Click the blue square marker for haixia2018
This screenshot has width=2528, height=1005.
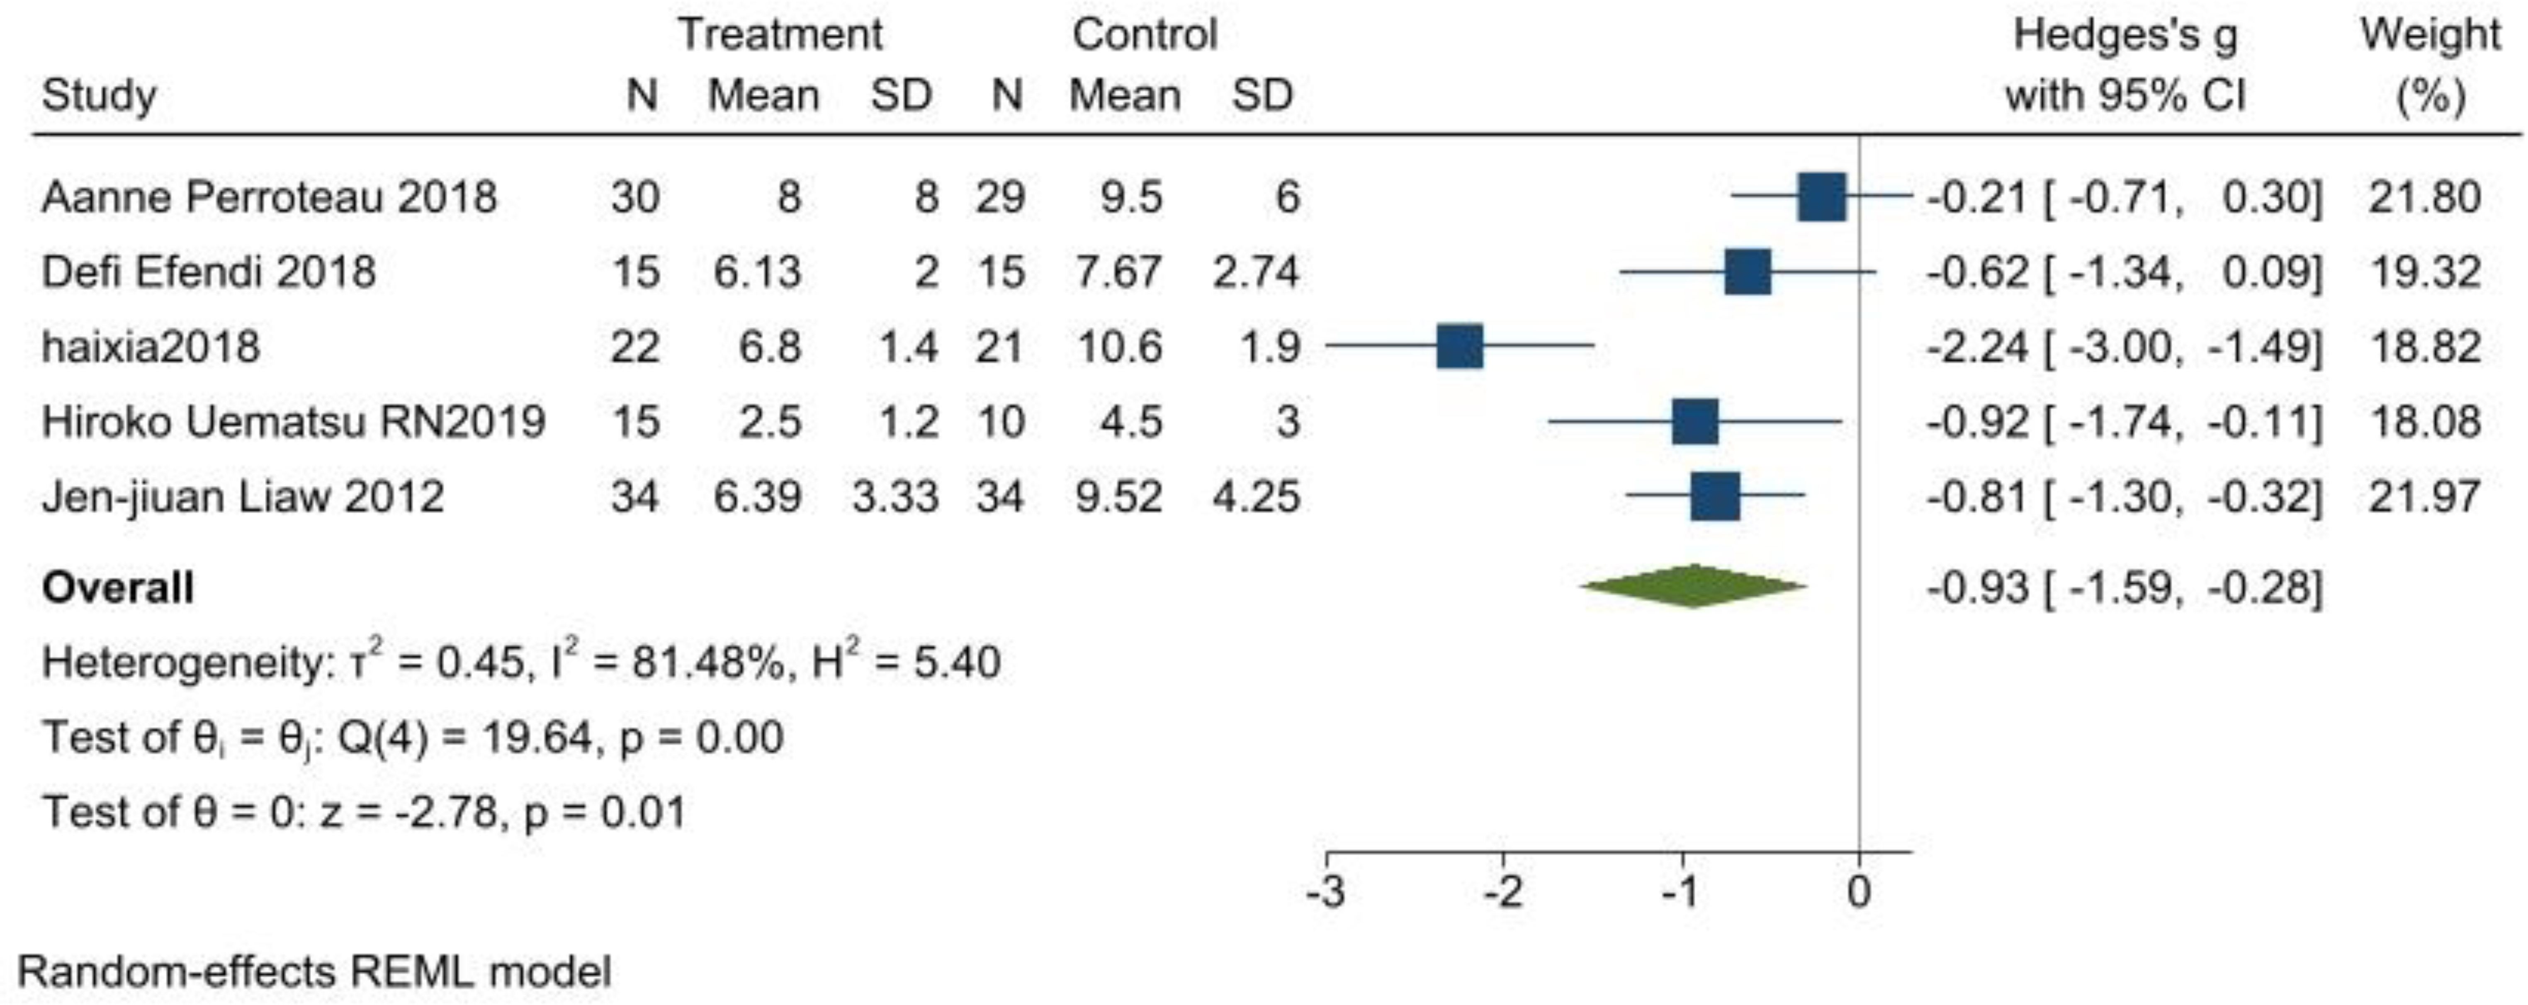point(1459,347)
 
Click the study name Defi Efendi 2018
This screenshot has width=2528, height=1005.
point(208,272)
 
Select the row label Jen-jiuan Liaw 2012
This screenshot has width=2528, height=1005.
point(243,497)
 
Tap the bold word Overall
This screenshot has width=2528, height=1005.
point(118,588)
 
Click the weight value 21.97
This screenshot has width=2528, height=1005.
point(2425,497)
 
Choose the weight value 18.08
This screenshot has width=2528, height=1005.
point(2425,422)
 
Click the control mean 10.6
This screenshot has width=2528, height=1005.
point(1120,347)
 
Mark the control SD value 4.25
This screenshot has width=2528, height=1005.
point(1256,497)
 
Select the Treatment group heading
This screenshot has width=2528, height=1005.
point(780,35)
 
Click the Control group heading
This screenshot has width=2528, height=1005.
point(1144,35)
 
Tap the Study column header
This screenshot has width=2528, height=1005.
point(99,96)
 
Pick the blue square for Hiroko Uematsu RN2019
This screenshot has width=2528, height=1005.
point(1695,422)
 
